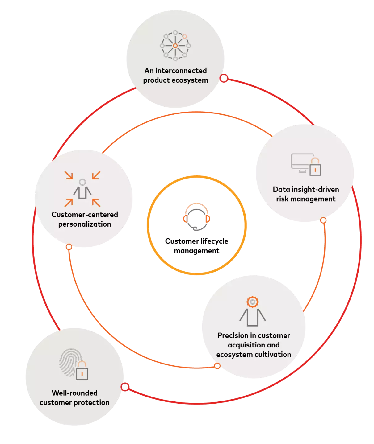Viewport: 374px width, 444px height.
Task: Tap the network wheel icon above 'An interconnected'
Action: tap(175, 46)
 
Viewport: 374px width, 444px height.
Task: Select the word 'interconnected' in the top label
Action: tap(181, 71)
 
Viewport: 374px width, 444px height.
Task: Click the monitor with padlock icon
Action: tap(306, 164)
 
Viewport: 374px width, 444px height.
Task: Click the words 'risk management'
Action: tap(306, 199)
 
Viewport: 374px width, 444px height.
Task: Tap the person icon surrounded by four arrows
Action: tap(82, 189)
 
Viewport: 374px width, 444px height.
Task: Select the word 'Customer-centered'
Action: tap(85, 215)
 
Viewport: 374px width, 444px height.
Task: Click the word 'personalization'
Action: tap(85, 224)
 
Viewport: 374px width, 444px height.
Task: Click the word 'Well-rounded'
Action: tap(75, 393)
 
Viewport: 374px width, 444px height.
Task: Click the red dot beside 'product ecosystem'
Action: tap(224, 78)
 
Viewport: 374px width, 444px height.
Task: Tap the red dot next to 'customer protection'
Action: tap(125, 387)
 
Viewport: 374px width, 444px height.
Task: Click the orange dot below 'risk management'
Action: tap(323, 220)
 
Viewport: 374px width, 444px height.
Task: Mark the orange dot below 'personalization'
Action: tap(69, 247)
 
